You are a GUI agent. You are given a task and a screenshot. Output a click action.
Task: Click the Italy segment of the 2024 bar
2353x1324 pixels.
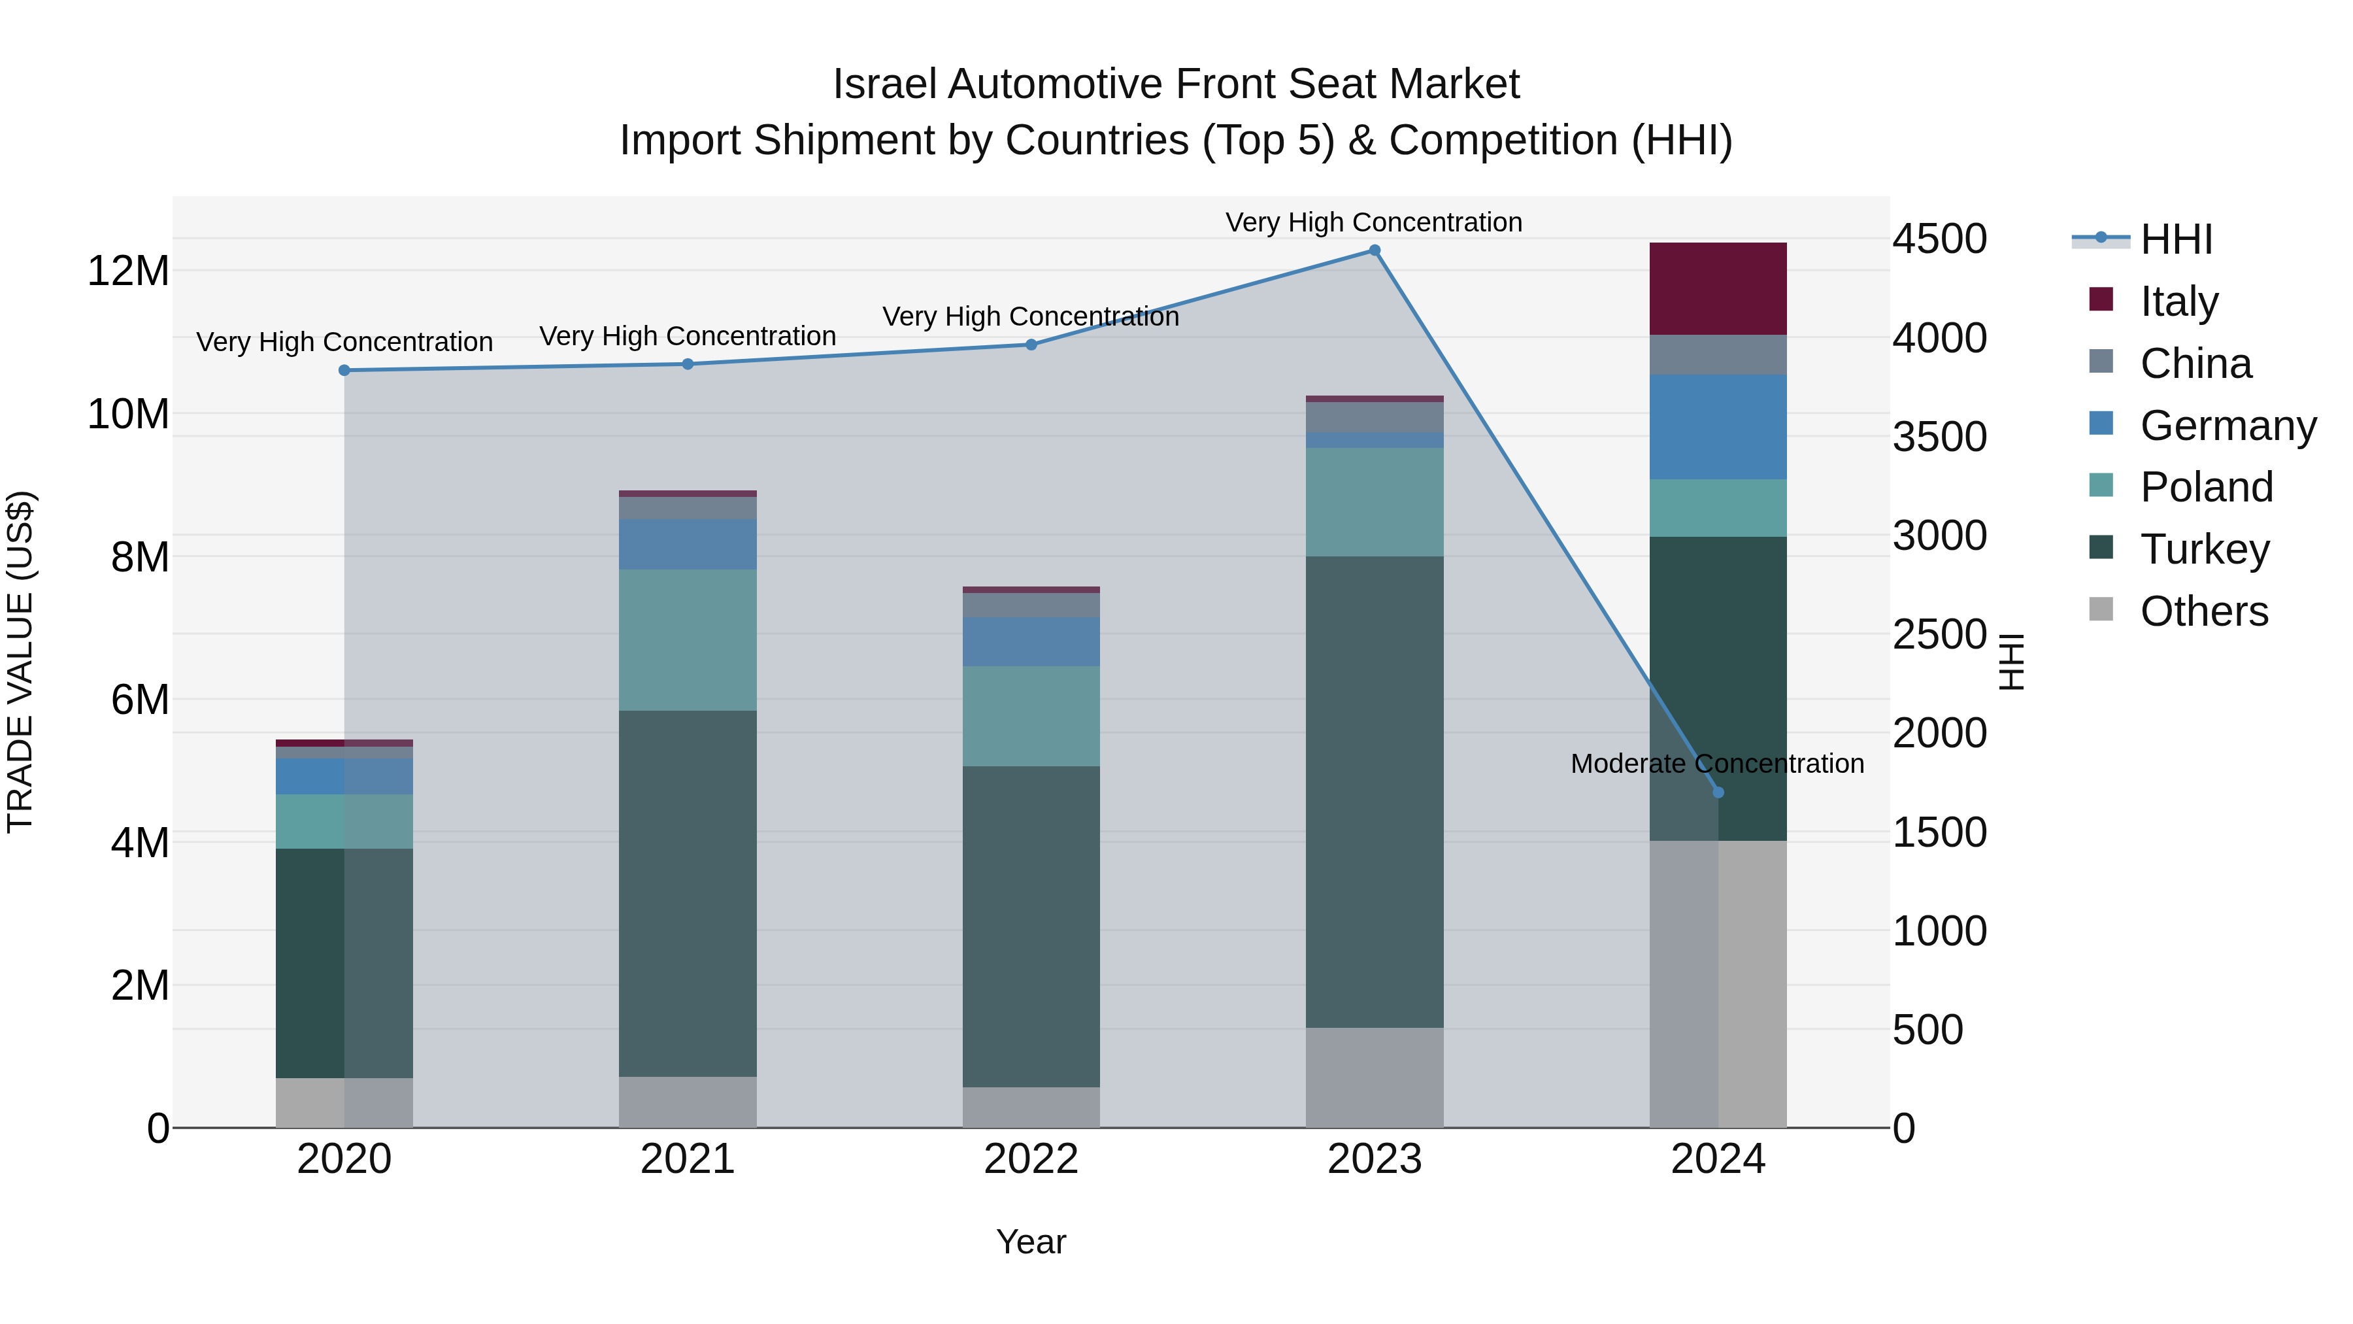click(x=1717, y=289)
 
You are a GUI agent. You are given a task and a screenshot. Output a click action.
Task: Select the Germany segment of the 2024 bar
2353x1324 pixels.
click(x=1717, y=427)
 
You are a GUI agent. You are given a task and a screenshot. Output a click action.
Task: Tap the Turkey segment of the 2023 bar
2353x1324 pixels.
click(x=1374, y=791)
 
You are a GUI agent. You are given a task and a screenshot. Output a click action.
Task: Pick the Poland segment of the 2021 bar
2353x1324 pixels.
click(x=688, y=639)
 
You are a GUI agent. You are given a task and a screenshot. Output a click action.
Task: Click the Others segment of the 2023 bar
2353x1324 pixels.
click(x=1374, y=1078)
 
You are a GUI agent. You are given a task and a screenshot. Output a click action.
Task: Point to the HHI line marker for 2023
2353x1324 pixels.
click(x=1374, y=250)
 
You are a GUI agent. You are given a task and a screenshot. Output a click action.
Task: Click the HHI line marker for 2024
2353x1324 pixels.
click(x=1717, y=792)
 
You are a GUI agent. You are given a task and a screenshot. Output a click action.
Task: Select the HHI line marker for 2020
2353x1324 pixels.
click(x=344, y=370)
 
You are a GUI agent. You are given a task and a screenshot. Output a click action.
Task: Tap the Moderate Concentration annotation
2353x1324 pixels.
click(x=1716, y=763)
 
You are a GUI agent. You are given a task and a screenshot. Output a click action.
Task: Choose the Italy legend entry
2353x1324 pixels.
click(x=2178, y=301)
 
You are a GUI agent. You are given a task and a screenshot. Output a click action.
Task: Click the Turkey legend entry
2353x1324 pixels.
click(x=2204, y=549)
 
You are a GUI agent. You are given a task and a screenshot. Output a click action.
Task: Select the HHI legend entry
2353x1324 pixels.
click(x=2176, y=239)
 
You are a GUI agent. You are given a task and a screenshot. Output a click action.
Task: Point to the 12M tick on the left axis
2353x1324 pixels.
click(x=128, y=271)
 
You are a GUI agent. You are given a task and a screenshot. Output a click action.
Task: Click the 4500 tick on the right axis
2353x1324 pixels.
click(x=1939, y=239)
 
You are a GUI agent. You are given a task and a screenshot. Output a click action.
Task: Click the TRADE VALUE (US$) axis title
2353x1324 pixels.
click(x=20, y=662)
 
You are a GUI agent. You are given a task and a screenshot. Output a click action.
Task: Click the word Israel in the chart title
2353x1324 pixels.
click(x=884, y=84)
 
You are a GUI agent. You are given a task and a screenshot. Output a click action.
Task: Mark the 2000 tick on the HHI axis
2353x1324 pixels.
click(x=1939, y=733)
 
